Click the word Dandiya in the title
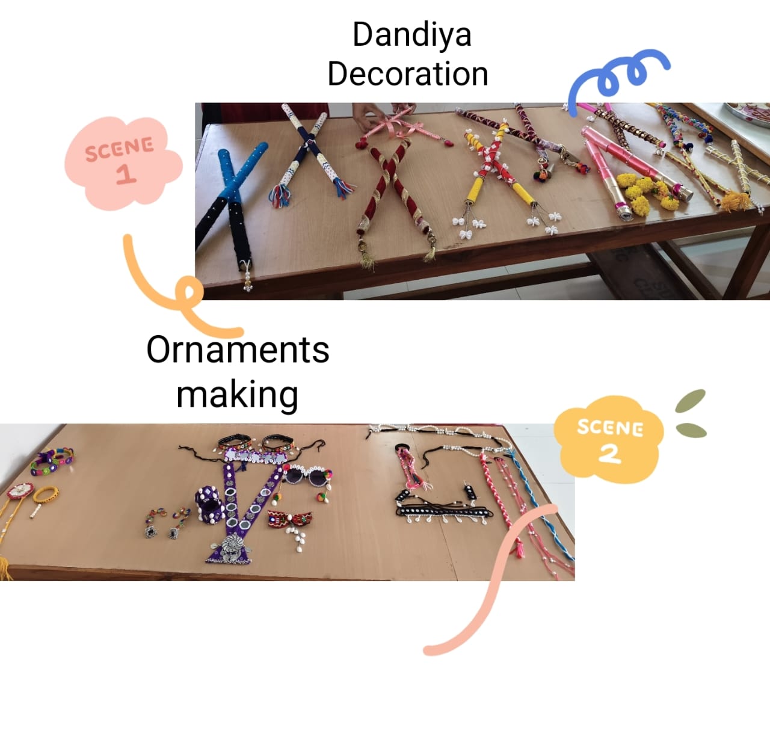(411, 35)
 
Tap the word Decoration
(407, 74)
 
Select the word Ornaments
(238, 350)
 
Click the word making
(237, 394)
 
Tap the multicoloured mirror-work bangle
(52, 460)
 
